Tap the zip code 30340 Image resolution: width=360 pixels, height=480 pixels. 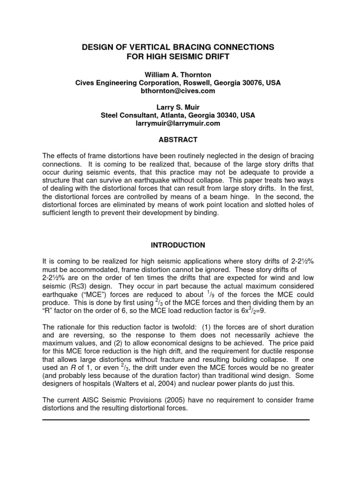pyautogui.click(x=226, y=115)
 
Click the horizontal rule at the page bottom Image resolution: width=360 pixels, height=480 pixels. pyautogui.click(x=176, y=420)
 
